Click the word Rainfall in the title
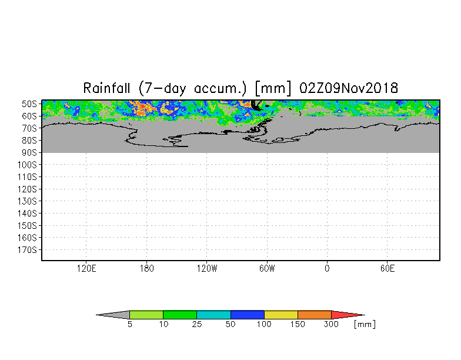(x=107, y=88)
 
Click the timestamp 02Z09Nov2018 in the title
(x=349, y=88)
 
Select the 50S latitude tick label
(x=29, y=104)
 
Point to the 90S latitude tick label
(x=29, y=153)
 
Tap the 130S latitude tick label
(x=27, y=201)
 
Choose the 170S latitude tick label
(x=27, y=249)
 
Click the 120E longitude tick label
(x=86, y=268)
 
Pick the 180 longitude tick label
(x=147, y=268)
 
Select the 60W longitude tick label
(x=267, y=268)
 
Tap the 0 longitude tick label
(x=327, y=268)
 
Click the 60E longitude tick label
(x=387, y=268)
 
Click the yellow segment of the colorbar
(x=281, y=315)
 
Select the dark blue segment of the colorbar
(x=247, y=315)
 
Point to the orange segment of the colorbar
(x=314, y=315)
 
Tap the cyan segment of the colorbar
(x=214, y=315)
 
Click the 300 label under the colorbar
(x=331, y=325)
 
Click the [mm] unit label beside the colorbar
(x=365, y=325)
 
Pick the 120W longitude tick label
(x=207, y=268)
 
